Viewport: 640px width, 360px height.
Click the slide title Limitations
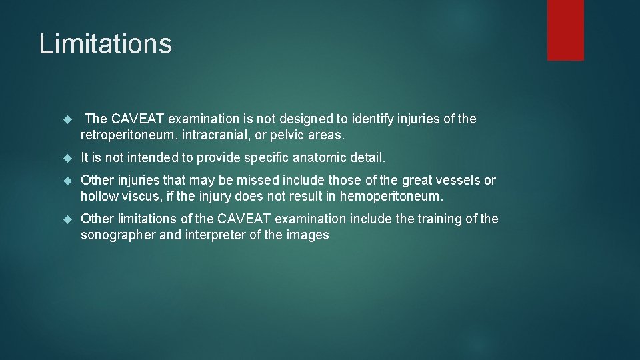(105, 44)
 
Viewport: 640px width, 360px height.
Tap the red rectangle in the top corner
(565, 30)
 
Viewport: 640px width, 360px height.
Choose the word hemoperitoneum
(391, 196)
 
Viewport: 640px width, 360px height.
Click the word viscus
(142, 196)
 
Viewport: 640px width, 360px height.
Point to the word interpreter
(214, 235)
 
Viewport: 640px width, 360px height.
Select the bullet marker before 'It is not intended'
(66, 158)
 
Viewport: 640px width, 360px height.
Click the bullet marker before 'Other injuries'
(66, 181)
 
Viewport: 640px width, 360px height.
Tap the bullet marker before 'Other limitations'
(66, 219)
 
